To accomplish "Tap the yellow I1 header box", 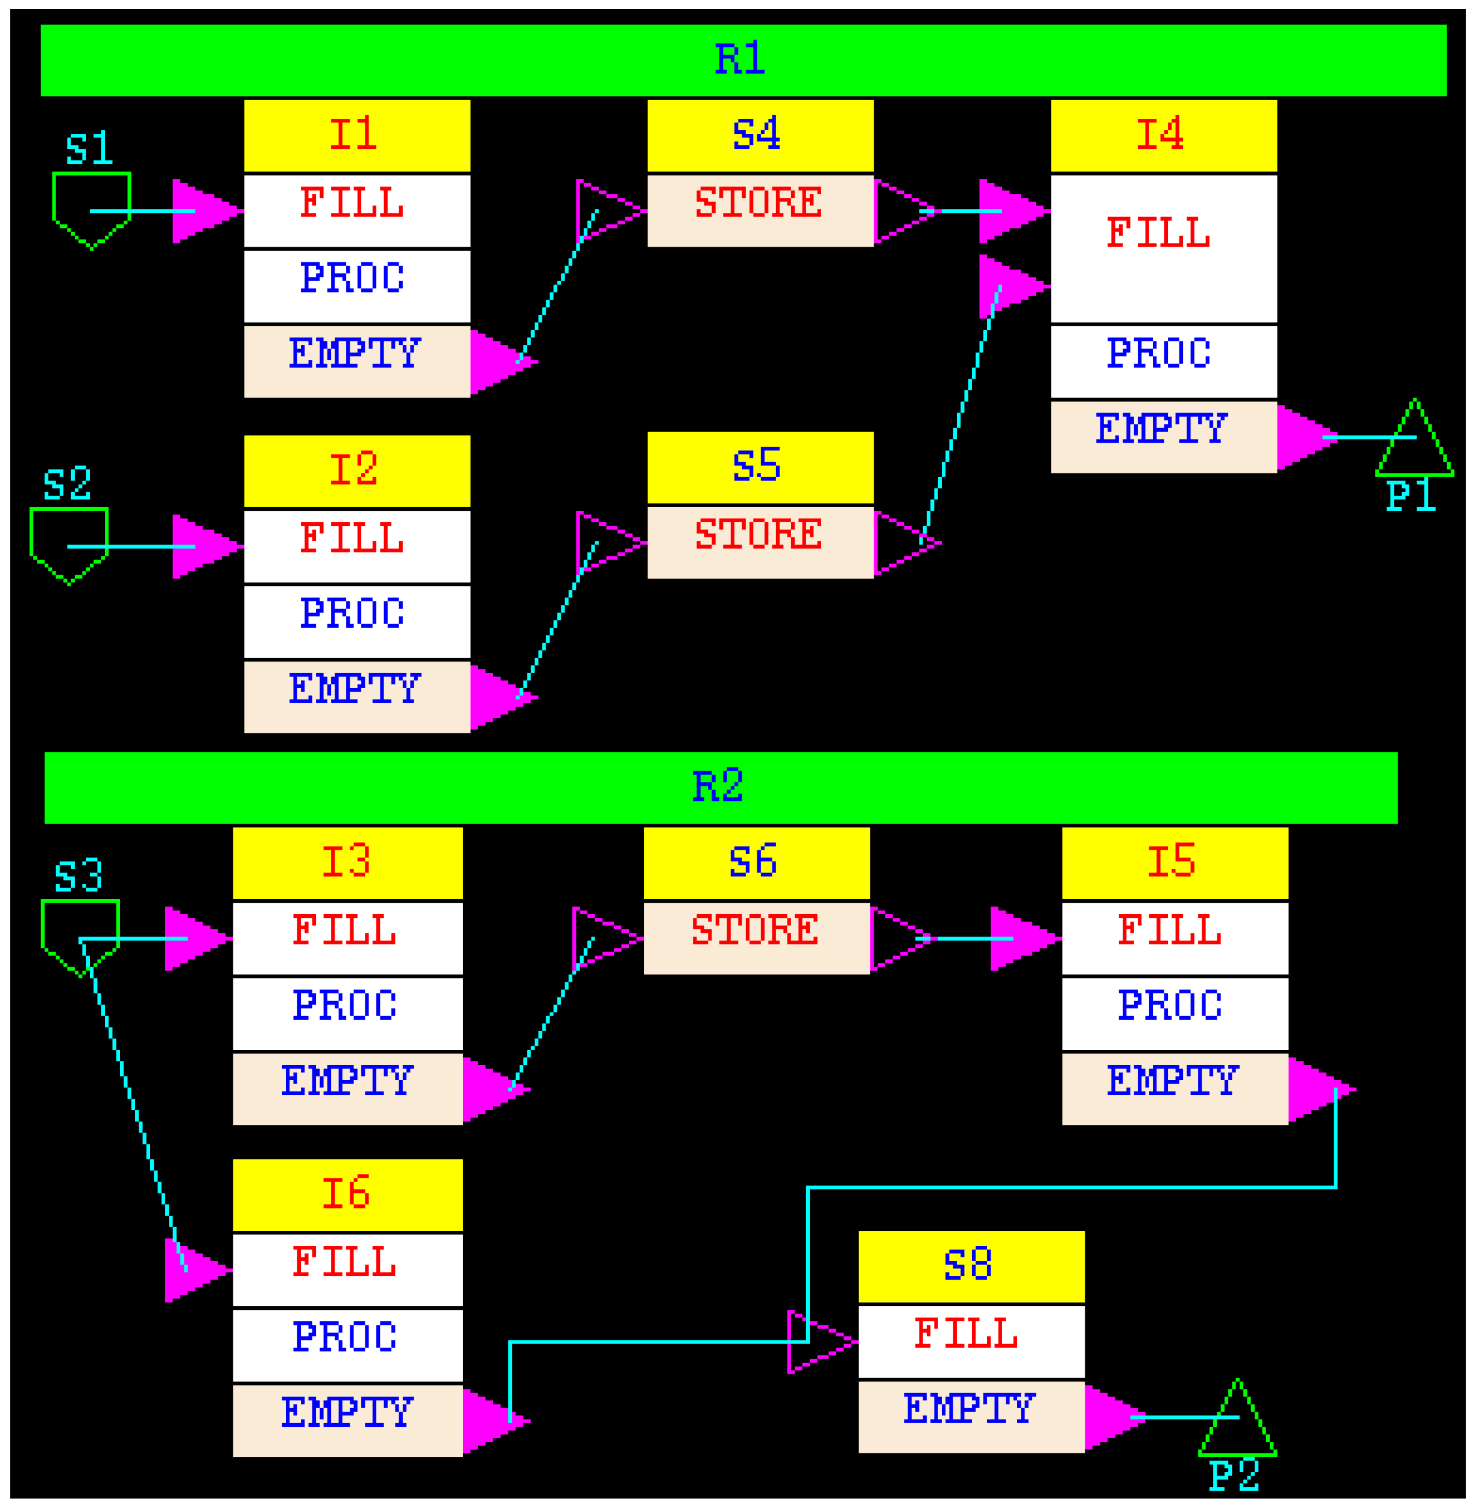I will pyautogui.click(x=357, y=135).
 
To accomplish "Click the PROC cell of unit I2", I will pyautogui.click(x=357, y=621).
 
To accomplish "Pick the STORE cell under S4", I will pyautogui.click(x=760, y=210).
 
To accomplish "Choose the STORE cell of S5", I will pyautogui.click(x=760, y=542).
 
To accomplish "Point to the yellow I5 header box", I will pyautogui.click(x=1175, y=862).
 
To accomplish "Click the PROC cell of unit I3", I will pyautogui.click(x=347, y=1013).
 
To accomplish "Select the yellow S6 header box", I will pyautogui.click(x=756, y=862).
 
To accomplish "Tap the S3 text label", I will pyautogui.click(x=78, y=876).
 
